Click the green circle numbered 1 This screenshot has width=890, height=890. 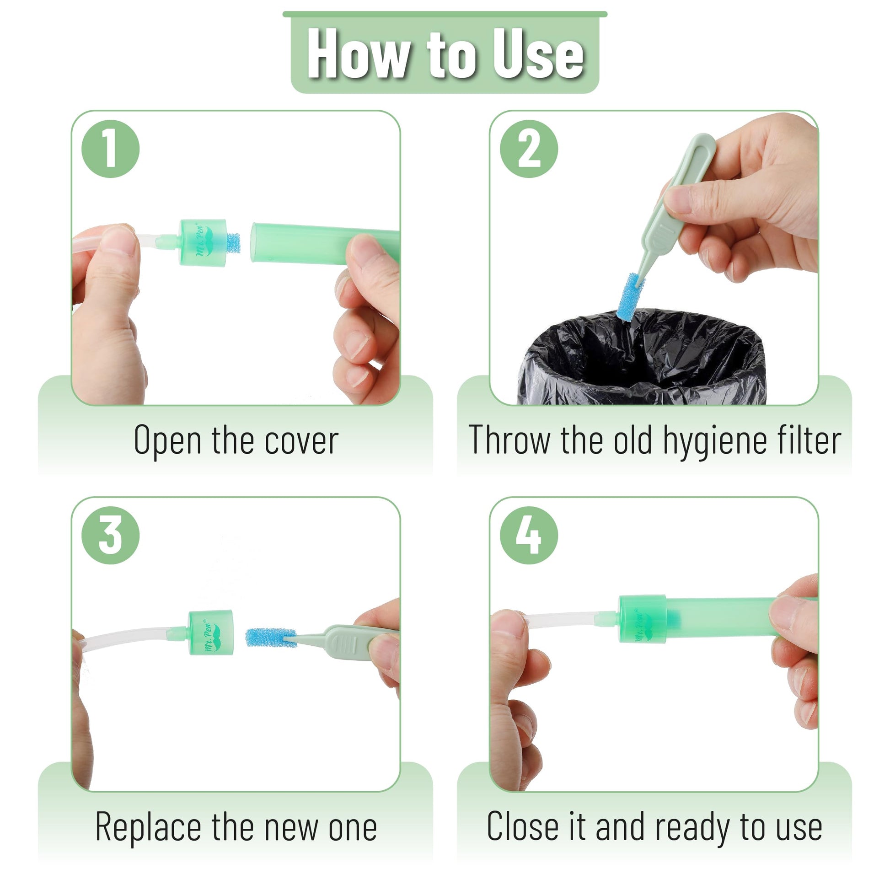point(111,149)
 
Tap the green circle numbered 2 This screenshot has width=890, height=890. point(529,149)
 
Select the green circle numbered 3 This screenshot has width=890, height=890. point(111,535)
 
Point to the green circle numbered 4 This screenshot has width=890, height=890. point(529,535)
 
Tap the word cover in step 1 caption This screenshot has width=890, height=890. point(301,441)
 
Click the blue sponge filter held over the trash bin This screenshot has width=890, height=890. point(629,296)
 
